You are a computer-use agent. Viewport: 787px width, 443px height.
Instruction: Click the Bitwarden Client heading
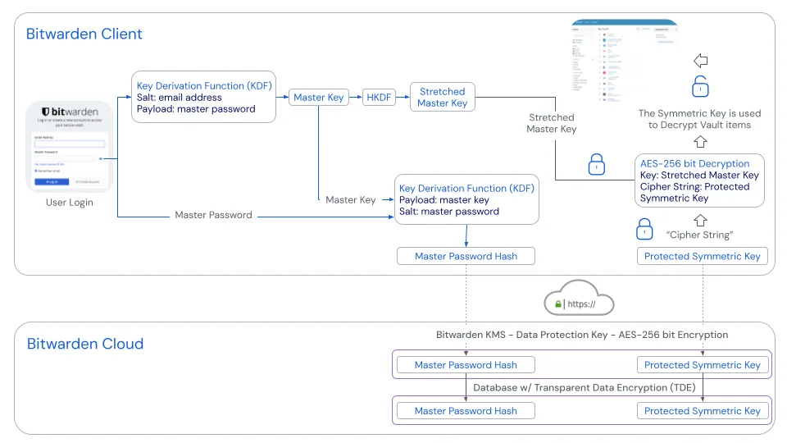point(84,34)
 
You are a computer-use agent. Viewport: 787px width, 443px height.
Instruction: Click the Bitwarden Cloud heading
point(85,344)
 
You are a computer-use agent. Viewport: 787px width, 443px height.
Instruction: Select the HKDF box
point(379,98)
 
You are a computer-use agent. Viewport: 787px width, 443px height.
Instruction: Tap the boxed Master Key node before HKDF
point(319,98)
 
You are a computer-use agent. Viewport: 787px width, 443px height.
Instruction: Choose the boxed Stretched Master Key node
point(442,98)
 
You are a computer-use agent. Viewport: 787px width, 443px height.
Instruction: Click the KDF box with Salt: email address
point(203,97)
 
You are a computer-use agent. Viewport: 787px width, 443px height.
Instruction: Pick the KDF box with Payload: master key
point(466,199)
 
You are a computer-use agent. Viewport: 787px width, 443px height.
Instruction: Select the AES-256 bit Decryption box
point(699,180)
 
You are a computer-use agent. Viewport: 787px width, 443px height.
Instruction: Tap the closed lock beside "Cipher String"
point(645,227)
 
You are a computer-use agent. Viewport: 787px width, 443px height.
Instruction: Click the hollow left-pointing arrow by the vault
point(699,61)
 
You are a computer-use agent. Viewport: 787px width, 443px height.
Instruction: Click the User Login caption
point(69,203)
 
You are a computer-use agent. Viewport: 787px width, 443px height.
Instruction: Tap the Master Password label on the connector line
point(213,215)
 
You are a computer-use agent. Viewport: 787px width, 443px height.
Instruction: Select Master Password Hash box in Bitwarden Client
point(466,256)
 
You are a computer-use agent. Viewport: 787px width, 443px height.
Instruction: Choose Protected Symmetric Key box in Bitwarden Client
point(702,256)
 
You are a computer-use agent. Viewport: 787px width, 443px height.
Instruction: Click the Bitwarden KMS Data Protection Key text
point(581,335)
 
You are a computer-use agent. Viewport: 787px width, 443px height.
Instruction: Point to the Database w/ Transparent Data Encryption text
point(581,388)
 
